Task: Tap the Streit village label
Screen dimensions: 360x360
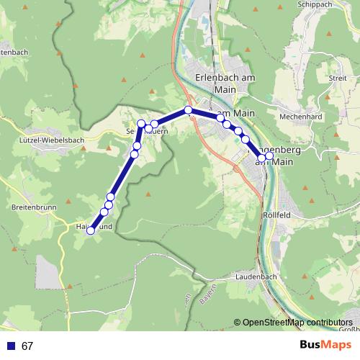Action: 337,78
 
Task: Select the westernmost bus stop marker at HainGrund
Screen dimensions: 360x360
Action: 91,230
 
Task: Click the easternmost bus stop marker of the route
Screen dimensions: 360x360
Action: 269,156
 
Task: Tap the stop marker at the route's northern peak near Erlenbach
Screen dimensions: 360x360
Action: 189,110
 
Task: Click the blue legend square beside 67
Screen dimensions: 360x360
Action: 10,346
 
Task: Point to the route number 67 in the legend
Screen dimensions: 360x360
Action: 27,346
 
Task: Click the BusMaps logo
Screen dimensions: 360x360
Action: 325,346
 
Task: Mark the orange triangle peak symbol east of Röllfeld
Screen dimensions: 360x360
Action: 310,201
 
